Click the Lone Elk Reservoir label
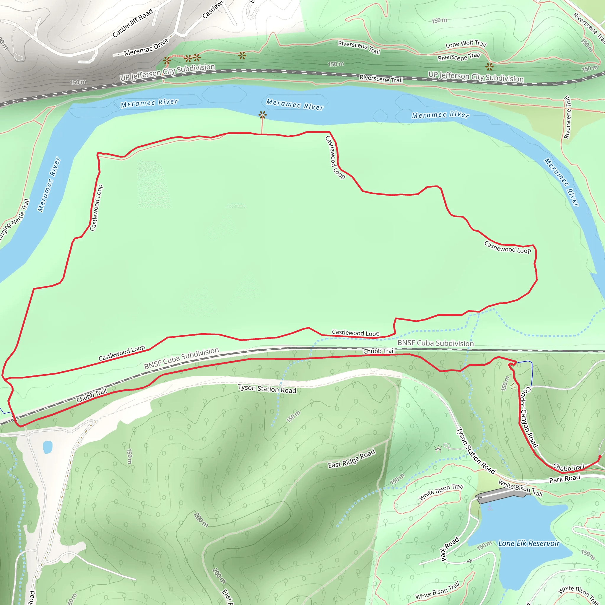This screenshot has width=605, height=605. coord(528,543)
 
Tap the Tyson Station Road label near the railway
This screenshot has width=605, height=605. coord(267,389)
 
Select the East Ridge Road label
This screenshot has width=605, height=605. coord(351,459)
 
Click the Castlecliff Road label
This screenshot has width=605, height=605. coord(132,23)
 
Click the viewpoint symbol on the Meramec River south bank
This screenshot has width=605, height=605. coord(262,115)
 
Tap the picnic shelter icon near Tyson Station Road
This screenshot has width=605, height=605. coord(438,450)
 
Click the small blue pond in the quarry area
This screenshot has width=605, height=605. coord(48,447)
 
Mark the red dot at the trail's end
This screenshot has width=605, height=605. coord(600,457)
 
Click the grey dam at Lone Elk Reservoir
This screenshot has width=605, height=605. coord(501,496)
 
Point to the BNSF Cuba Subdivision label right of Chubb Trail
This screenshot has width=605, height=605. coord(435,343)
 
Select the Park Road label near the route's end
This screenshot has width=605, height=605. coord(564,479)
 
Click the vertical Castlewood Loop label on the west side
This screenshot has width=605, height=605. coord(96,208)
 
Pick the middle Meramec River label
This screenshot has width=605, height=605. coord(295,104)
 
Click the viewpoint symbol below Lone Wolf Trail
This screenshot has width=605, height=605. coord(489,66)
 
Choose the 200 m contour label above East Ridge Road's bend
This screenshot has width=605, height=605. coord(201,520)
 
